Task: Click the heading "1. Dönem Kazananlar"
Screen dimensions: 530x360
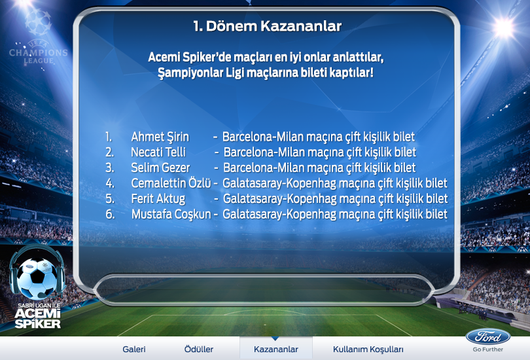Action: click(268, 26)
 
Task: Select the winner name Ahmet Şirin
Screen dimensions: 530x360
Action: click(160, 137)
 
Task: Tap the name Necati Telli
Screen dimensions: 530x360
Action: click(158, 152)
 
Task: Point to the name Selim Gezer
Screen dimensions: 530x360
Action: click(160, 168)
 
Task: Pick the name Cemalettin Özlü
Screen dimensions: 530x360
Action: click(171, 183)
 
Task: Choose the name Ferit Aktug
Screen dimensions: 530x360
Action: click(158, 198)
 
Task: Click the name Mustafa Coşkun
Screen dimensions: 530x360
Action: click(171, 214)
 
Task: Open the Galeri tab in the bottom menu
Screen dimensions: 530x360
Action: click(134, 349)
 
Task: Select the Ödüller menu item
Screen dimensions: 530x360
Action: click(199, 349)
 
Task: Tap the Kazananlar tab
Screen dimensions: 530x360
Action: click(276, 349)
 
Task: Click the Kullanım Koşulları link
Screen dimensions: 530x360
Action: click(368, 349)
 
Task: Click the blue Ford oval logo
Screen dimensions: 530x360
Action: click(488, 337)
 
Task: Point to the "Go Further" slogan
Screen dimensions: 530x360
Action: click(487, 350)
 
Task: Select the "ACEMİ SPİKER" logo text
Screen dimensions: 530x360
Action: click(38, 318)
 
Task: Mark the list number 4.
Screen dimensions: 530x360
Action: click(110, 183)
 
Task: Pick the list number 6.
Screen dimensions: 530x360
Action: click(110, 214)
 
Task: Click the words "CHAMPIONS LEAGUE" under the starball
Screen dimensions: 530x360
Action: click(38, 56)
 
